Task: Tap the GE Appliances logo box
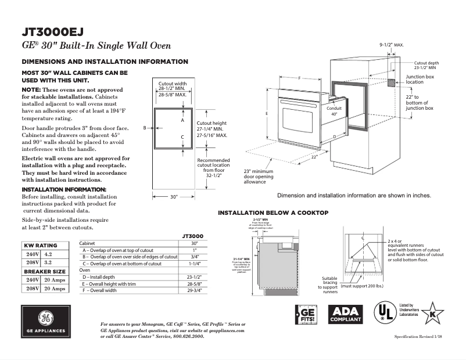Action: pos(46,322)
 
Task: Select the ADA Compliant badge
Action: pos(346,314)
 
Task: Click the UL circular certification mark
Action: pos(384,312)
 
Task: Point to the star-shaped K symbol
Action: pos(432,313)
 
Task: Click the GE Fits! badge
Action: pos(306,314)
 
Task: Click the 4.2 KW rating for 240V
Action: pos(48,254)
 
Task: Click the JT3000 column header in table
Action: pos(191,236)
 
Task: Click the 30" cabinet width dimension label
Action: pos(174,197)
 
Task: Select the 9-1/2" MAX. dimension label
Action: pos(391,45)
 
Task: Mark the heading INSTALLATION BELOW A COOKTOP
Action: pos(273,213)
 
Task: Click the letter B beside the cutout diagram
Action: pos(144,127)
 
